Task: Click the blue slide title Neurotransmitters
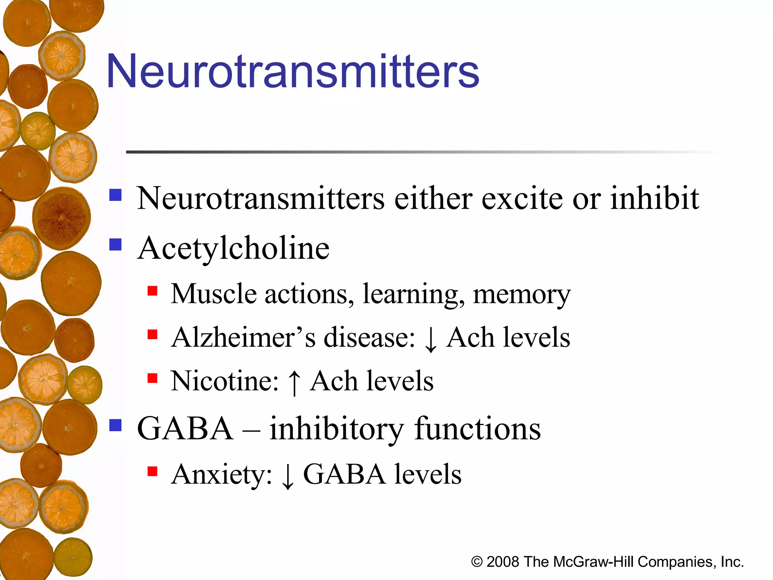point(293,72)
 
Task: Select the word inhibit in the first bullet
point(654,199)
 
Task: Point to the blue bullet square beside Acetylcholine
point(115,245)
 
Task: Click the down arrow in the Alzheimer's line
point(431,339)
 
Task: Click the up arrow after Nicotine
point(294,382)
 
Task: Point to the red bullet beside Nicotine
point(152,378)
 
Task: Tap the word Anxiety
point(222,475)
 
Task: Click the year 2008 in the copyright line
point(502,562)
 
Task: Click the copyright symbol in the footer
point(477,562)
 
